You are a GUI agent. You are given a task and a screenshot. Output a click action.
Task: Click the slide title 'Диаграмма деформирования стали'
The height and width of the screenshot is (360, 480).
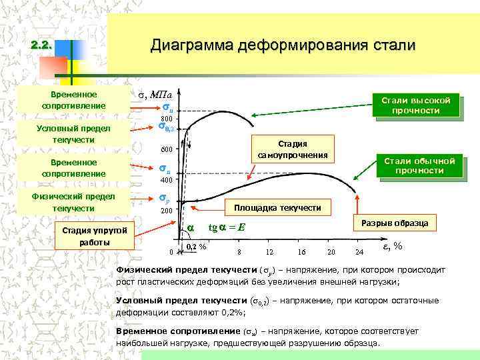pyautogui.click(x=283, y=45)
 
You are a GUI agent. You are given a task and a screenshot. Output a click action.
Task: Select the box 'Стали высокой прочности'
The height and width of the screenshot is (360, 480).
pyautogui.click(x=415, y=105)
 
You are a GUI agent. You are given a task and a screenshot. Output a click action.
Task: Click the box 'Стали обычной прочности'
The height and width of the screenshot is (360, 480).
pyautogui.click(x=419, y=166)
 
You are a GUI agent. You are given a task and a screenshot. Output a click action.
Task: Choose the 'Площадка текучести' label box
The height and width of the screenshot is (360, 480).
pyautogui.click(x=277, y=209)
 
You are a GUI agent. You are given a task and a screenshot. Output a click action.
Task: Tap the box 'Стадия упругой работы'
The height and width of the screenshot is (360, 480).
pyautogui.click(x=96, y=237)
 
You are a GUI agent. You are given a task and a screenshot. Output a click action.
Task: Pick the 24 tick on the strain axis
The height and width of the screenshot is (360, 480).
pyautogui.click(x=360, y=252)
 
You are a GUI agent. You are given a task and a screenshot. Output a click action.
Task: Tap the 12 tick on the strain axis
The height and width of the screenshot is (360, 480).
pyautogui.click(x=269, y=252)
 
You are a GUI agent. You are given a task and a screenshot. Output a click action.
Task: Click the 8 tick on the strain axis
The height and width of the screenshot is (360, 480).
pyautogui.click(x=239, y=252)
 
